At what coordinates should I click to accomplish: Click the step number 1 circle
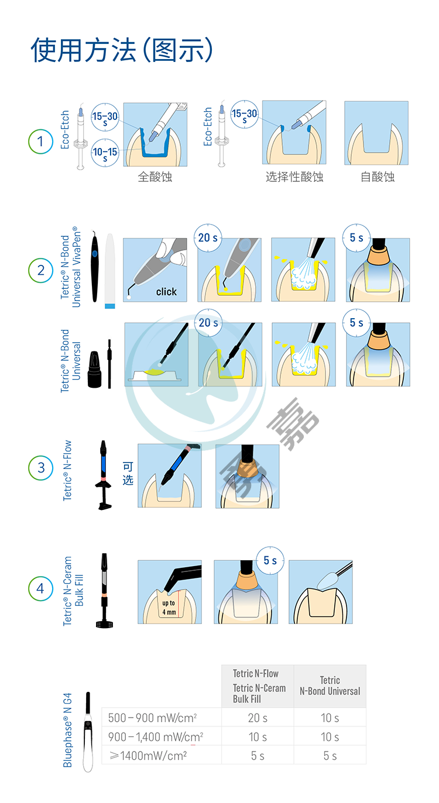(40, 142)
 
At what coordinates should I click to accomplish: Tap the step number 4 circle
(40, 588)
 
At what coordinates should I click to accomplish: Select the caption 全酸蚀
(155, 177)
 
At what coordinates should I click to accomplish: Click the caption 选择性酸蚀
(294, 177)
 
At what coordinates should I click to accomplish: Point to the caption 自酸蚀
(378, 177)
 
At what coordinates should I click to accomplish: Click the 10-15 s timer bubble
(105, 153)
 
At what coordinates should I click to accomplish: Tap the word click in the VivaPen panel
(166, 292)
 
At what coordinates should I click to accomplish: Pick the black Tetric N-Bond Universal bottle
(95, 369)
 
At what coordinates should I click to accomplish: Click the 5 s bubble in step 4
(270, 560)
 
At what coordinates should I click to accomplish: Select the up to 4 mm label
(169, 608)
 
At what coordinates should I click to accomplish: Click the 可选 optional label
(128, 473)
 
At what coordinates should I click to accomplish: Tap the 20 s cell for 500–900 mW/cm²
(258, 718)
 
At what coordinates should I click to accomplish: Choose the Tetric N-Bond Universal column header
(330, 686)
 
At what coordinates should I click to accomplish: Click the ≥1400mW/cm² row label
(148, 756)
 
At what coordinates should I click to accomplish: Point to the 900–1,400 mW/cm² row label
(156, 737)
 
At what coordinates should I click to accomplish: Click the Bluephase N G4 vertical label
(67, 730)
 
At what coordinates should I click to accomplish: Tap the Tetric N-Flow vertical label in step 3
(67, 470)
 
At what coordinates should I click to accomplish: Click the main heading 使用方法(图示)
(122, 50)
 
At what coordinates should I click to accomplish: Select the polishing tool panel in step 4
(321, 592)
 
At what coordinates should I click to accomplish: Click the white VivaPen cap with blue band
(110, 271)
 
